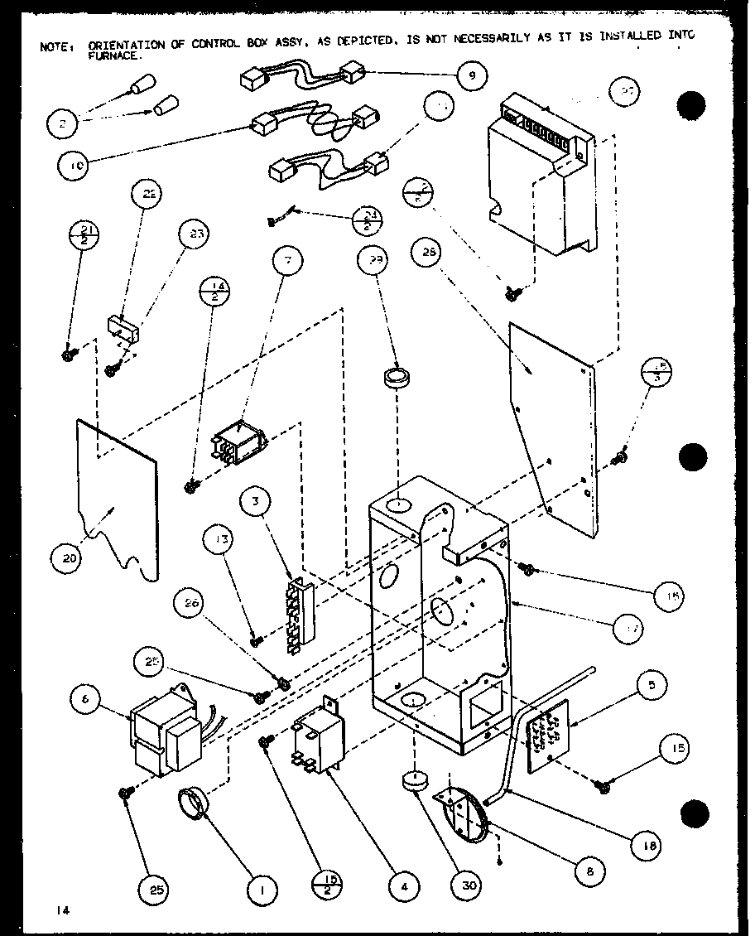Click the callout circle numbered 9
[x=471, y=75]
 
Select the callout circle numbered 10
[x=75, y=165]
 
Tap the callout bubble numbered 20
[x=68, y=557]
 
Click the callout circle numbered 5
[x=652, y=685]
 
